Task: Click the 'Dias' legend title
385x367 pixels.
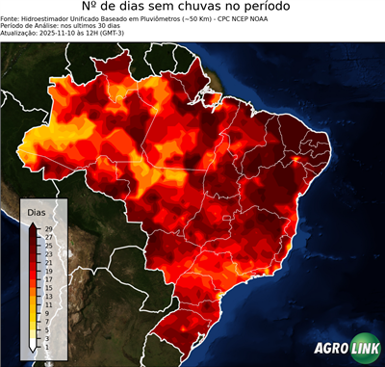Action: (37, 212)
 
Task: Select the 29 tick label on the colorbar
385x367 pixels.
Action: (47, 229)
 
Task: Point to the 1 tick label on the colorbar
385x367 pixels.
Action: (47, 347)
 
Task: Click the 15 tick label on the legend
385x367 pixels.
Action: (47, 288)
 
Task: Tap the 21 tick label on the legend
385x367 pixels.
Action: (47, 263)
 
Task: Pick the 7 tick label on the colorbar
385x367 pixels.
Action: (47, 322)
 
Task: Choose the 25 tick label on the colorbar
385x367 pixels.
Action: (47, 246)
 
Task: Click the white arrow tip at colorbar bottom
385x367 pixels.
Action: (33, 349)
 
